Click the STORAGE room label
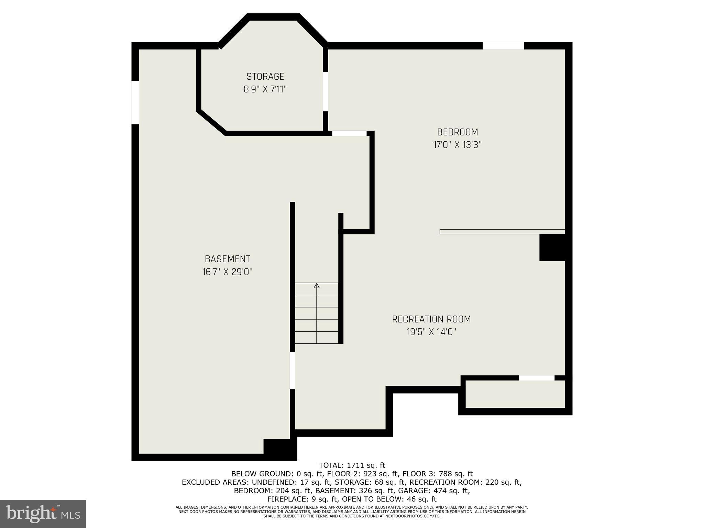pyautogui.click(x=265, y=76)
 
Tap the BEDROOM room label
pyautogui.click(x=457, y=132)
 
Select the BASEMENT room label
pyautogui.click(x=227, y=259)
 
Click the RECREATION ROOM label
pyautogui.click(x=431, y=319)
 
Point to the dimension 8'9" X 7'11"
pyautogui.click(x=265, y=89)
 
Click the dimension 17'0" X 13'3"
pyautogui.click(x=457, y=145)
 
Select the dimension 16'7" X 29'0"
pyautogui.click(x=227, y=272)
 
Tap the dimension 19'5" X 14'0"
pyautogui.click(x=431, y=332)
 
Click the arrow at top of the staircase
pyautogui.click(x=317, y=285)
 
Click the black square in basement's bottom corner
pyautogui.click(x=279, y=449)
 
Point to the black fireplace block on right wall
pyautogui.click(x=552, y=247)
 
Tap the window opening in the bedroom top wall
pyautogui.click(x=503, y=46)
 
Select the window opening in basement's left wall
pyautogui.click(x=135, y=102)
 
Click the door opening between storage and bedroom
pyautogui.click(x=325, y=91)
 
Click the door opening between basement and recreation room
pyautogui.click(x=292, y=371)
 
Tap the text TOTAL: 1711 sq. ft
pyautogui.click(x=352, y=465)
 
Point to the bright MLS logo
pyautogui.click(x=43, y=514)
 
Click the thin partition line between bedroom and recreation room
pyautogui.click(x=502, y=232)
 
